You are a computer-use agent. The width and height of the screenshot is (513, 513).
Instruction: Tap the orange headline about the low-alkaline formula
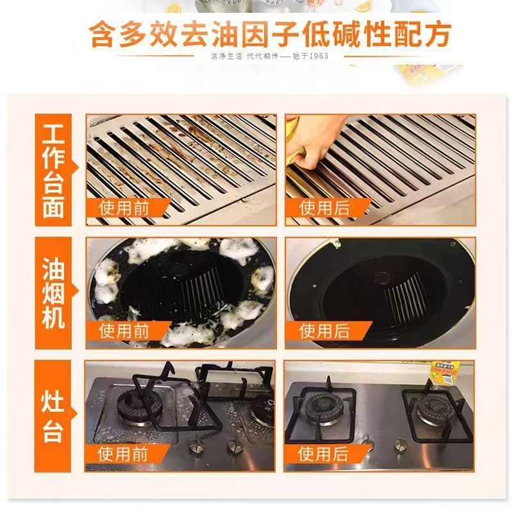pos(270,32)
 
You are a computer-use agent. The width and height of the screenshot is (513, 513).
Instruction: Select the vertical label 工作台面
pos(53,170)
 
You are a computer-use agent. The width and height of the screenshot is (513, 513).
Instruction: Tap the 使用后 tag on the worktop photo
pos(324,208)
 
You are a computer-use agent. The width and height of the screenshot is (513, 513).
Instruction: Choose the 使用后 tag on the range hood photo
pos(324,331)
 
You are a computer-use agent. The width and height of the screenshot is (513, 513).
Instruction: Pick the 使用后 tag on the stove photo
pos(324,453)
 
